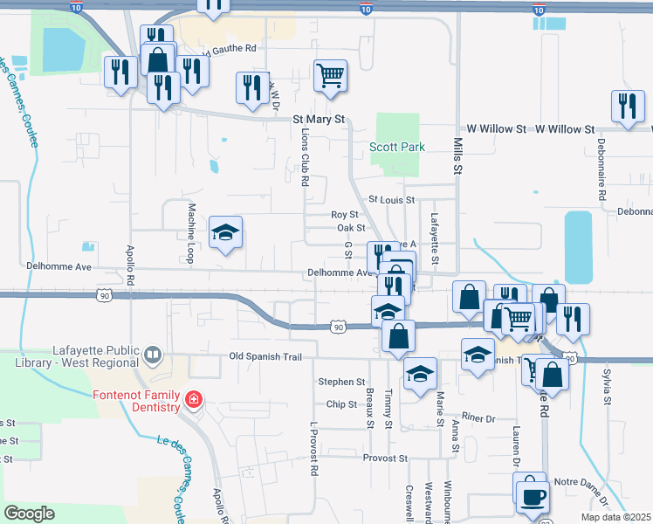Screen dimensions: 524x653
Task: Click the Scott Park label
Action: pos(397,147)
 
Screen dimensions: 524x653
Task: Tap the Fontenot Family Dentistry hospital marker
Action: pos(193,401)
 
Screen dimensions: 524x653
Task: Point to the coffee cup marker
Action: pos(532,497)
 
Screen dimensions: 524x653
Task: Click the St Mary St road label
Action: pos(320,118)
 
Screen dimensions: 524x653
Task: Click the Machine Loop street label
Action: pos(190,233)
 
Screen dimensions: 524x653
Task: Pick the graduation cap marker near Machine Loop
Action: pos(225,232)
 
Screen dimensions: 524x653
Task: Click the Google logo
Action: pos(30,514)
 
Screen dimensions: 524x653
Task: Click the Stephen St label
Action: pos(341,382)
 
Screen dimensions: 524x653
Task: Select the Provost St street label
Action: pos(385,458)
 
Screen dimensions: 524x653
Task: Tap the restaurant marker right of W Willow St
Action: pos(627,107)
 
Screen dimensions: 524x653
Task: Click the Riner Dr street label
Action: pos(478,418)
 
